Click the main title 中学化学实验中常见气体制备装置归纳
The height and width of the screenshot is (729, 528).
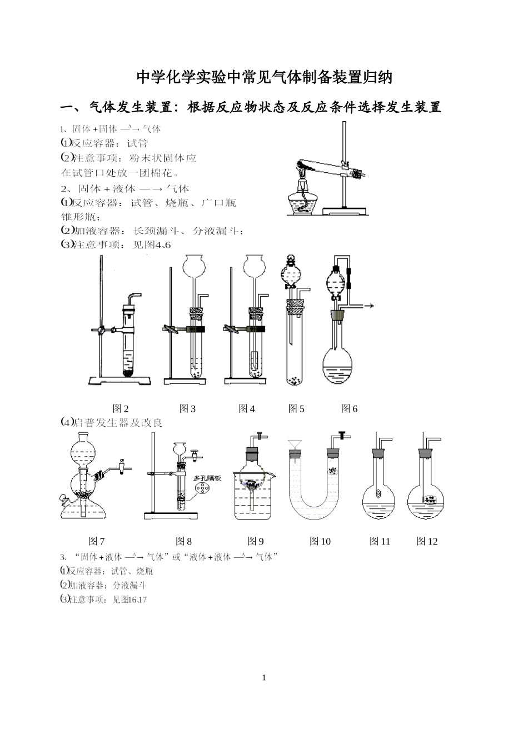click(264, 77)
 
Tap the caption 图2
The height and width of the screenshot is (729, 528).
click(121, 409)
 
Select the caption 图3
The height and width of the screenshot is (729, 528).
click(187, 409)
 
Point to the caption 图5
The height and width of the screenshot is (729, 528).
click(296, 409)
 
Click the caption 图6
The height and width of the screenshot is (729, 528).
click(349, 409)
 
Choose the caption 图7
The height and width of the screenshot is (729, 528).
click(97, 541)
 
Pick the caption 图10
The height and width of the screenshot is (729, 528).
click(320, 541)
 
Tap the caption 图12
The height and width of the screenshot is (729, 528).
click(427, 541)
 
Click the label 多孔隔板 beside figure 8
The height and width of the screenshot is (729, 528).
click(206, 478)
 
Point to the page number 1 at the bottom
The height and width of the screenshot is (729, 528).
click(264, 678)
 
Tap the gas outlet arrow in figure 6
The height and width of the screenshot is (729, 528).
click(367, 306)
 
